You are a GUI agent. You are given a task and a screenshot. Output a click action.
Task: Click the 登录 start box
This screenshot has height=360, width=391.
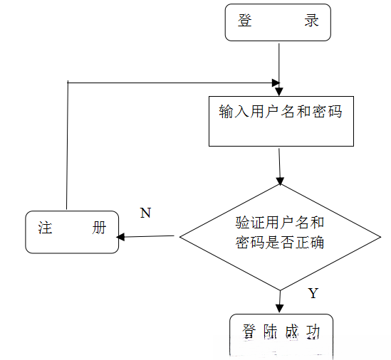click(x=278, y=22)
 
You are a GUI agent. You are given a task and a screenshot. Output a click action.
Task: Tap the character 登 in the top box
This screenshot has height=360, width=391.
click(x=246, y=21)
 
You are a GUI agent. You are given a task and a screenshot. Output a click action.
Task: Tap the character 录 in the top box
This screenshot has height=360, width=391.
click(x=312, y=21)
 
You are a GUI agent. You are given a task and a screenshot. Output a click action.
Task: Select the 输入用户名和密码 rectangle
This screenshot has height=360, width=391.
click(x=281, y=121)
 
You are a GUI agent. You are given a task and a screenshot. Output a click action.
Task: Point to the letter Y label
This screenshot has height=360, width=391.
click(x=313, y=293)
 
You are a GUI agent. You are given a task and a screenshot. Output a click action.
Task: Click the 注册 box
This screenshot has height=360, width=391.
click(x=72, y=231)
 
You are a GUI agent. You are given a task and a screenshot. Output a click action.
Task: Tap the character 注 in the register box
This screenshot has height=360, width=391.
click(x=46, y=228)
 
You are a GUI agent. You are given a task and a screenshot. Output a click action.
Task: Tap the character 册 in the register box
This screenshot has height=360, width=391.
click(x=100, y=228)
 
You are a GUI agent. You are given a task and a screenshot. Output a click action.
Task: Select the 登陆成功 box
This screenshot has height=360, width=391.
click(x=281, y=334)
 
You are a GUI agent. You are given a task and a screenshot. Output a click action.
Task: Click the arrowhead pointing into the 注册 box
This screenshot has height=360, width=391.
click(x=122, y=237)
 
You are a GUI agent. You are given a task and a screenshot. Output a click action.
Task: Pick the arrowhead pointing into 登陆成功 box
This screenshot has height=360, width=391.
click(x=281, y=309)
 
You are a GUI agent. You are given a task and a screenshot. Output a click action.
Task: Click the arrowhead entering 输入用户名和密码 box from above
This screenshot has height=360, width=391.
click(x=279, y=92)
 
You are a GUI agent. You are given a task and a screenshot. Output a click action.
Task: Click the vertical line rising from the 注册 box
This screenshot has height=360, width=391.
click(x=67, y=149)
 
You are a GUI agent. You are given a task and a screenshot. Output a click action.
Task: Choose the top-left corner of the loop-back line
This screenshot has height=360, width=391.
click(x=68, y=83)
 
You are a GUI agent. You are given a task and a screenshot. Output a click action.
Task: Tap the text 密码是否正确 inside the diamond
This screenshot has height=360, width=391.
click(x=280, y=243)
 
